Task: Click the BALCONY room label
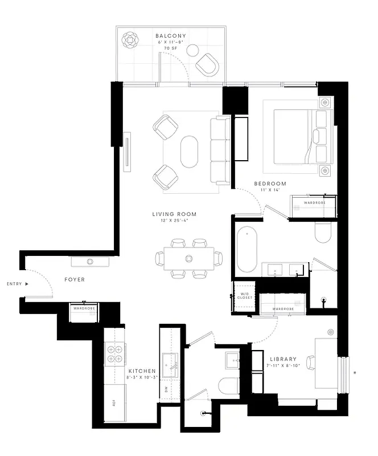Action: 171,36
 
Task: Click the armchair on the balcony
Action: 208,64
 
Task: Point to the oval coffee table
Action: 190,151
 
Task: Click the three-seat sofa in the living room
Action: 220,150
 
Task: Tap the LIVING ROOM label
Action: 174,214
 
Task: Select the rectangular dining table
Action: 188,258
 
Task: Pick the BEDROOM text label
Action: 270,184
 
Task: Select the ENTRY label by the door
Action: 14,283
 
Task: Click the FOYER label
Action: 75,280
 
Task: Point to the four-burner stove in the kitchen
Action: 114,355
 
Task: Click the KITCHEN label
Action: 142,370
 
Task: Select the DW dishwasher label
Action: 166,390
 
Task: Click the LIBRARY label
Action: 283,359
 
